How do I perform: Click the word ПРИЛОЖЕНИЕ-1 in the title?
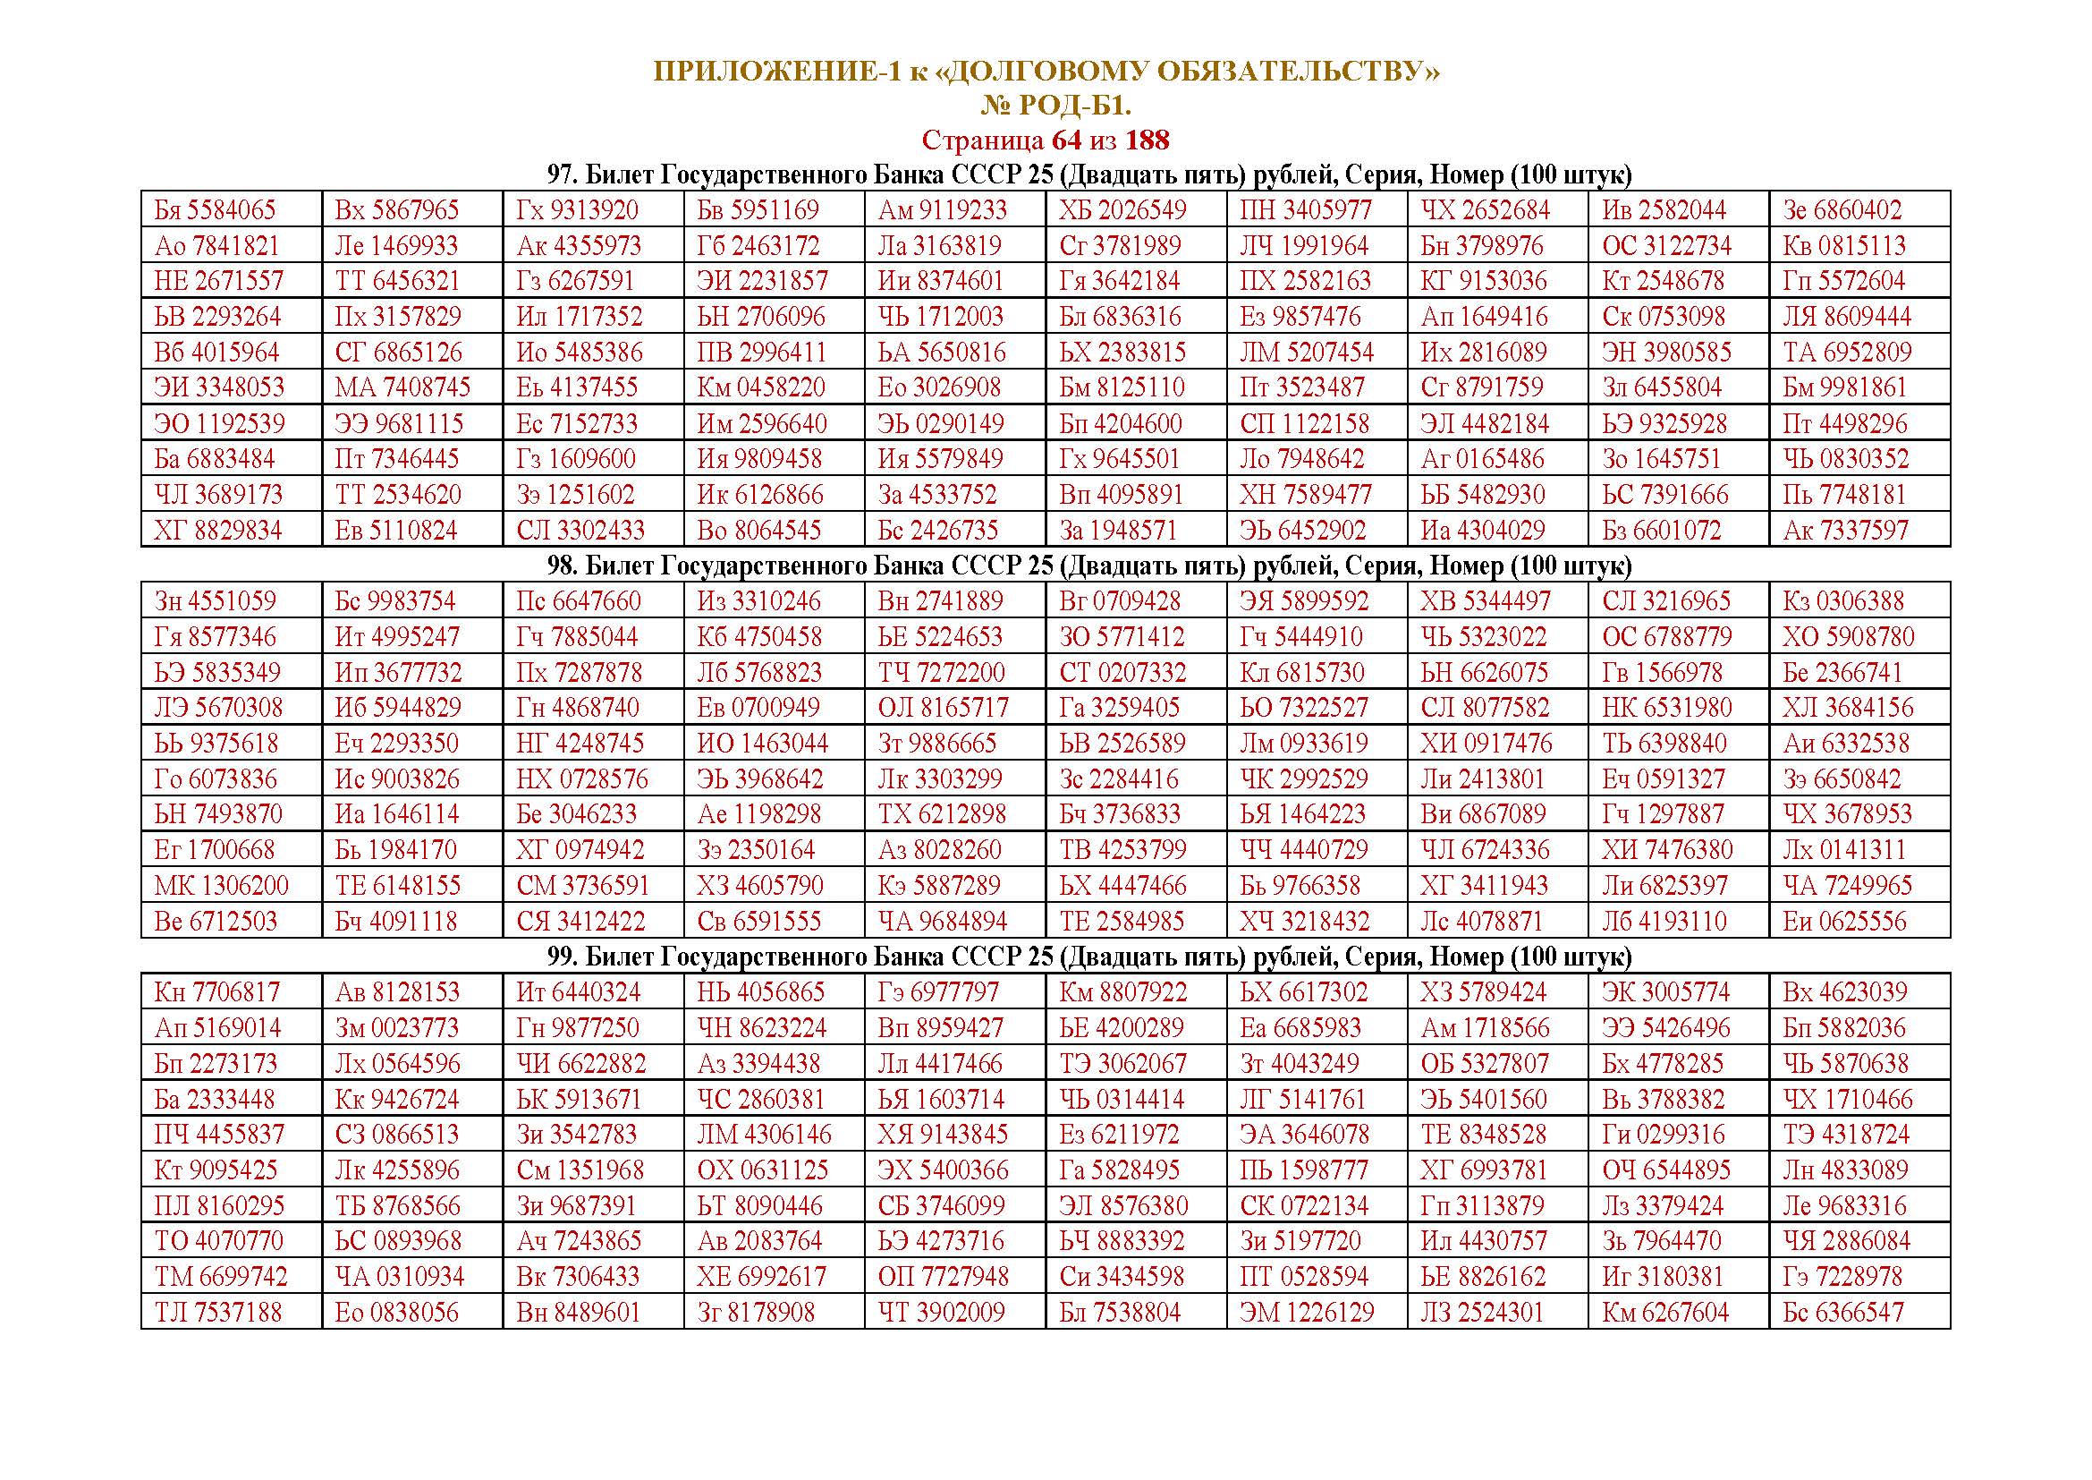(776, 72)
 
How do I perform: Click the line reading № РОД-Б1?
(1055, 106)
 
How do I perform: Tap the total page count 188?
(1148, 140)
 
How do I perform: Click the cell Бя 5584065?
(215, 210)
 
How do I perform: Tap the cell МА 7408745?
(402, 387)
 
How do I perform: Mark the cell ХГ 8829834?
(217, 531)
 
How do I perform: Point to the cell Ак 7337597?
(1845, 531)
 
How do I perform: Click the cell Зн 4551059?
(215, 601)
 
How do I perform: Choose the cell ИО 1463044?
(763, 744)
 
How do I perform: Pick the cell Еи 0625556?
(1844, 922)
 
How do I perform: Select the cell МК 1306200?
(222, 886)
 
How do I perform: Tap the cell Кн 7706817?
(216, 992)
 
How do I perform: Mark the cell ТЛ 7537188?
(217, 1314)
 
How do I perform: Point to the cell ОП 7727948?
(943, 1277)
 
